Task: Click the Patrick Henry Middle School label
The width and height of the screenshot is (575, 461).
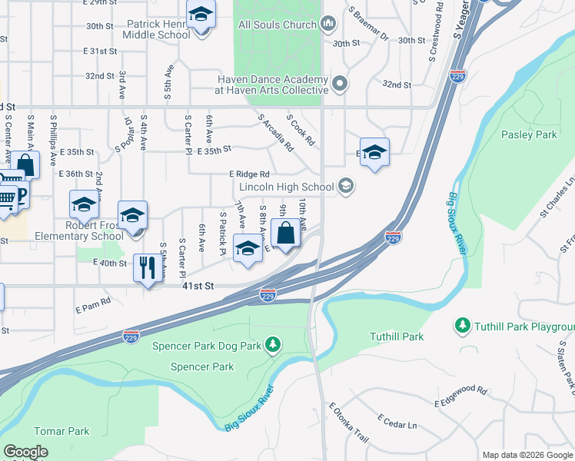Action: tap(158, 29)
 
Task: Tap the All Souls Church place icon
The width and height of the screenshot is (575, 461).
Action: tap(328, 25)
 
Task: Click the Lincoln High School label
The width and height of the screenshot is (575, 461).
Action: tap(286, 187)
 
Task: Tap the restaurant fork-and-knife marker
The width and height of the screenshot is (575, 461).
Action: tap(145, 267)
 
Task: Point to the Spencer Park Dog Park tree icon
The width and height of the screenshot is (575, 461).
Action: tap(272, 346)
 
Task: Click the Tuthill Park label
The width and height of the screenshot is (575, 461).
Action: tap(397, 337)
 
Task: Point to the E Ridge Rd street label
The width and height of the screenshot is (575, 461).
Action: tap(248, 174)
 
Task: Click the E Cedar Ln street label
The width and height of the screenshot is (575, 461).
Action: tap(397, 421)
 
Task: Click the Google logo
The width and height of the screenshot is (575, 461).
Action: tap(25, 451)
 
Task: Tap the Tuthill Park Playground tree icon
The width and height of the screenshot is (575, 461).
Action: tap(463, 326)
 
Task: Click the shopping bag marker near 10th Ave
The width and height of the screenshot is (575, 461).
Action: tap(285, 234)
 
